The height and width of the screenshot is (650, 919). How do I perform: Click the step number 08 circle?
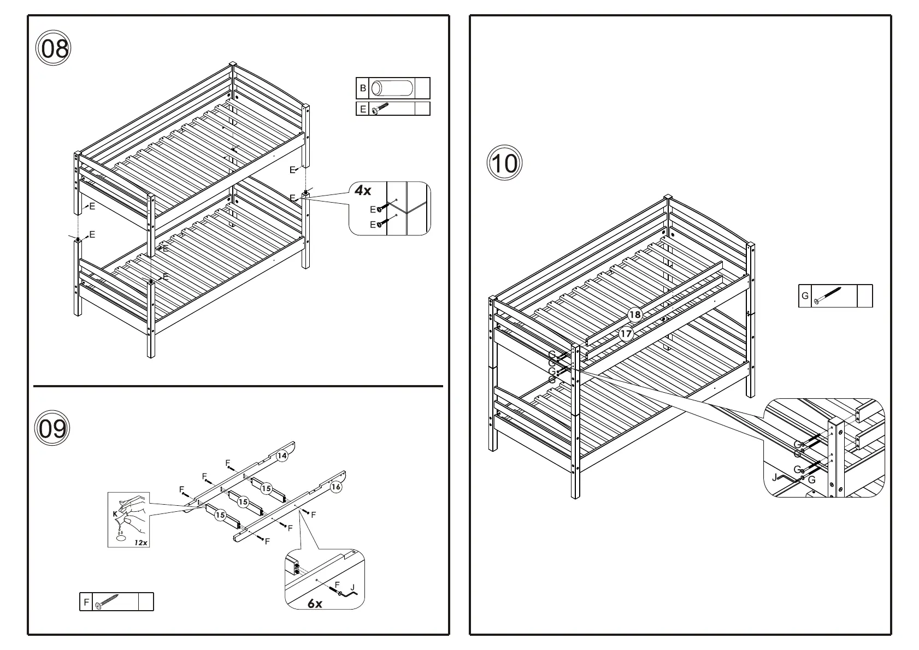(x=53, y=49)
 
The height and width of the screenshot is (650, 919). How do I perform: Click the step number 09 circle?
(x=53, y=428)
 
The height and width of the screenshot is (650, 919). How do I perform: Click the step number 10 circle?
(x=504, y=163)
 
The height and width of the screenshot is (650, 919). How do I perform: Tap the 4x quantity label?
(x=362, y=191)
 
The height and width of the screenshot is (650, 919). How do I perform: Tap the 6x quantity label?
(x=315, y=603)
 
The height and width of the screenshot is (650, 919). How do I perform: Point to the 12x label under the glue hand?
(x=140, y=542)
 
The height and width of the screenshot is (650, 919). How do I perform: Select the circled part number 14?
(x=281, y=456)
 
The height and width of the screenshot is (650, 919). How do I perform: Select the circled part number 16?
(x=336, y=486)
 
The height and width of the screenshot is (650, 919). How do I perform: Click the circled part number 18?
(x=634, y=315)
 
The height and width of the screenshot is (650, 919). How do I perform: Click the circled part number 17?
(x=626, y=333)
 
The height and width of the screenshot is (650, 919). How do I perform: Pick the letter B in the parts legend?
(x=362, y=88)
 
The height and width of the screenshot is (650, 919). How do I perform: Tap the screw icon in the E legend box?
(x=380, y=109)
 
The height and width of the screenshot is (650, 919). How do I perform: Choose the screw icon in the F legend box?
(x=107, y=601)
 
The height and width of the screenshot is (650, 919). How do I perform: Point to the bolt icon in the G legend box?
(x=827, y=296)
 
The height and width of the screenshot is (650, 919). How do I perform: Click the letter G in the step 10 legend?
(x=805, y=296)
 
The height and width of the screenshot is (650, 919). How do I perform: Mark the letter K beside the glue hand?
(x=115, y=514)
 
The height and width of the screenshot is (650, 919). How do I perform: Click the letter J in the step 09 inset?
(x=352, y=588)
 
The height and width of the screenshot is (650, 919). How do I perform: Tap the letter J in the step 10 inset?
(x=774, y=477)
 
